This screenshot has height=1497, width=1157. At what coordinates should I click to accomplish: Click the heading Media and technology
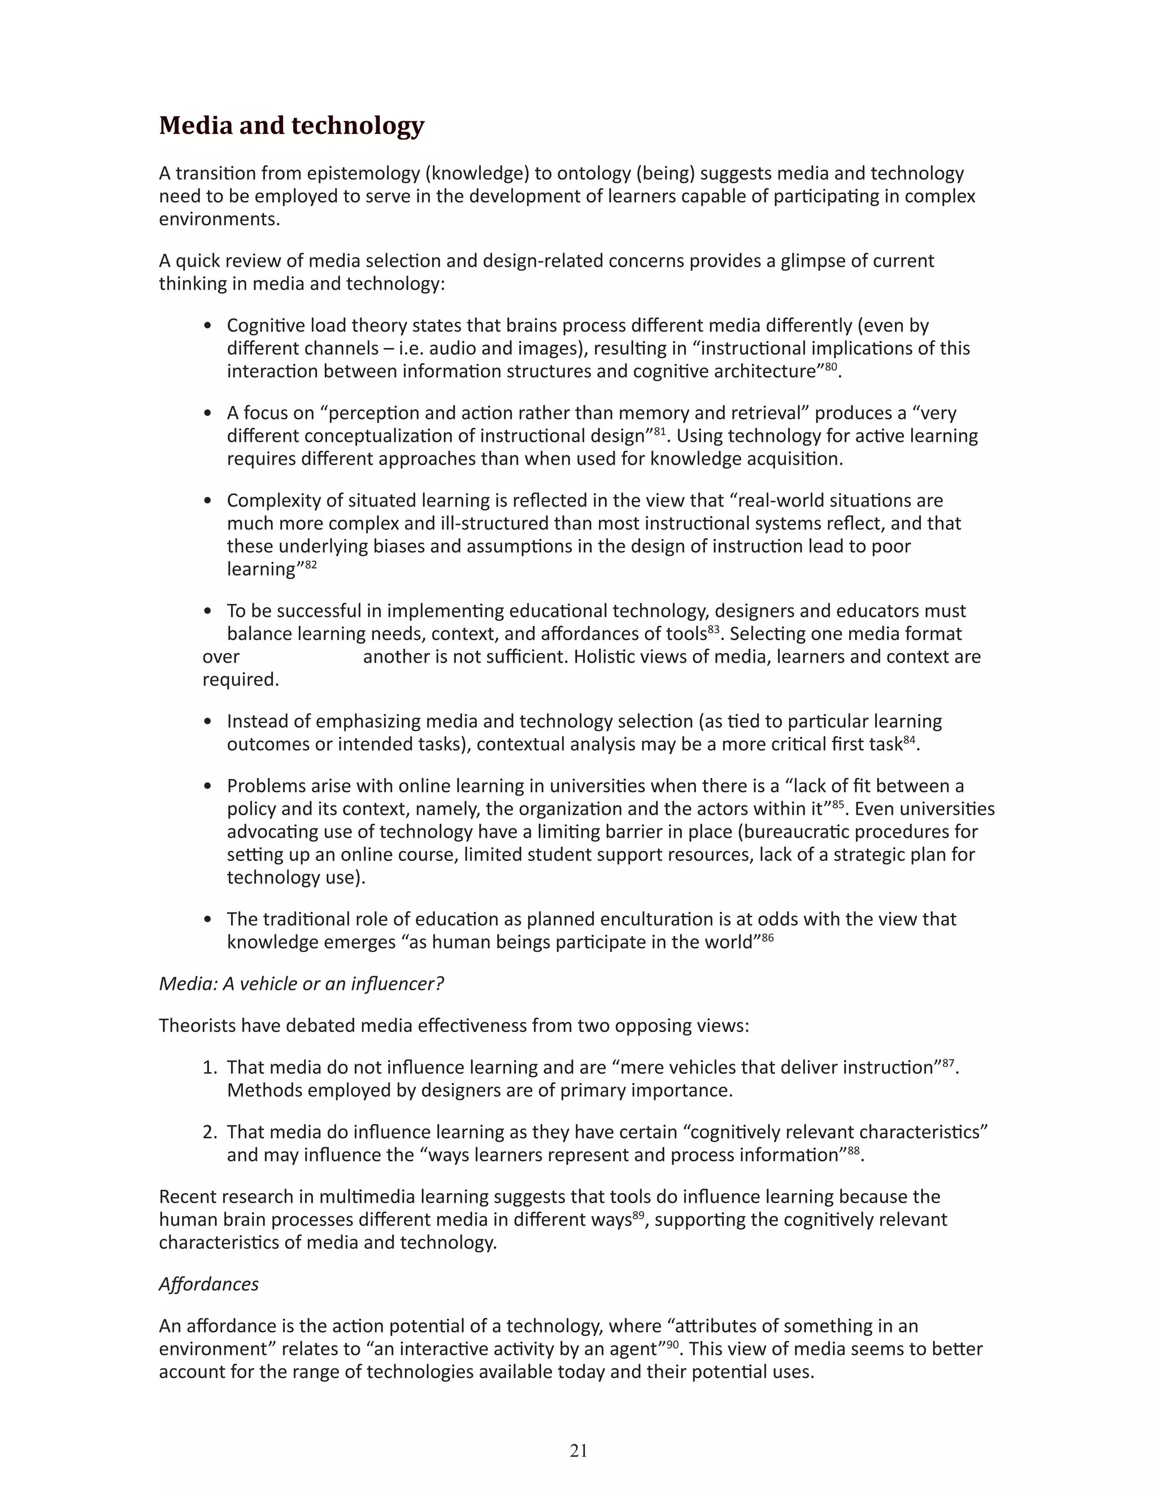pos(292,125)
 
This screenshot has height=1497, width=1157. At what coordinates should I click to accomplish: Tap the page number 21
pos(578,1450)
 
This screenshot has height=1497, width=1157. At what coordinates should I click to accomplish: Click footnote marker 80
pos(830,367)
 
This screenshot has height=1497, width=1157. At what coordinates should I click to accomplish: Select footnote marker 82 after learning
pos(311,565)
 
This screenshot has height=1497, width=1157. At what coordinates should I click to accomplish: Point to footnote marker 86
pos(767,938)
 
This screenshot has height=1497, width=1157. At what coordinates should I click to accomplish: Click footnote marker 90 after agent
pos(672,1345)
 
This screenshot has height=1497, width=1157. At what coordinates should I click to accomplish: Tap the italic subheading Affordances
pos(208,1284)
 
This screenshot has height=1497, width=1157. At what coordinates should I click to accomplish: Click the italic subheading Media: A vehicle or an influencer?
pos(301,984)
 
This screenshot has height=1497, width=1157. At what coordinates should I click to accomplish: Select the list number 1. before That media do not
pos(210,1067)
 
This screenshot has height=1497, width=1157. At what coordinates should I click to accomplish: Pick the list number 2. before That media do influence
pos(210,1132)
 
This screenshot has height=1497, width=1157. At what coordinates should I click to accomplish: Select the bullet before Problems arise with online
pos(208,786)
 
